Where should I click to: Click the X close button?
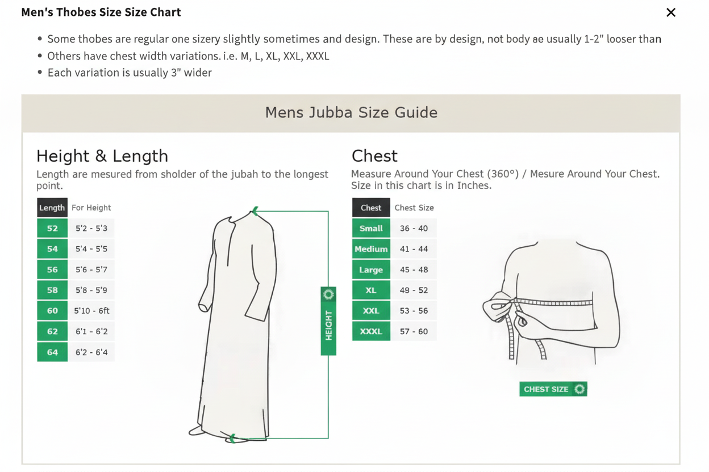click(670, 12)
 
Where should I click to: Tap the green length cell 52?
click(52, 229)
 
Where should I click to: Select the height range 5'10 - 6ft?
click(91, 311)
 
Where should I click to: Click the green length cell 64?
click(52, 352)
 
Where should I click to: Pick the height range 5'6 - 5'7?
click(91, 269)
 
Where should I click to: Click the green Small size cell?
click(371, 229)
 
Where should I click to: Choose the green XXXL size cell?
click(371, 331)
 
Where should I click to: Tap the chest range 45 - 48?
click(414, 269)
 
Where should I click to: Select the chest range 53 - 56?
click(414, 311)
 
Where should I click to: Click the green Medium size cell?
click(371, 249)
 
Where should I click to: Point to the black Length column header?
click(52, 208)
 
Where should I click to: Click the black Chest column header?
click(371, 208)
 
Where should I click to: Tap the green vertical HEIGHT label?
click(328, 321)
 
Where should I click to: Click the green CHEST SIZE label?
click(553, 389)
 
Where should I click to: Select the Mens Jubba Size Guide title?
click(351, 112)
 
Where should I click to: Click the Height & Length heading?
click(102, 156)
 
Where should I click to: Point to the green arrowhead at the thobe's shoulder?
click(255, 211)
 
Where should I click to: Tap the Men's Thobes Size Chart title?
click(101, 12)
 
